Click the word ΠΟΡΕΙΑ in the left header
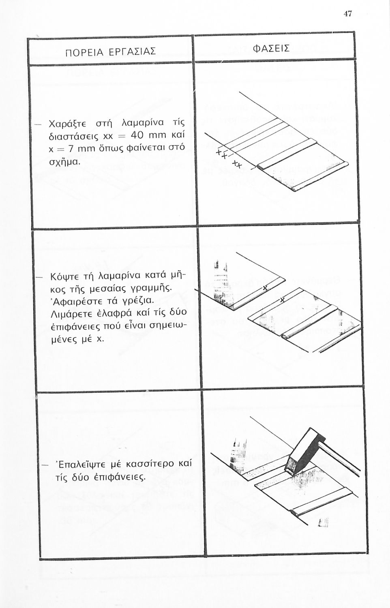[84, 52]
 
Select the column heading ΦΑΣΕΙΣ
[271, 49]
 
